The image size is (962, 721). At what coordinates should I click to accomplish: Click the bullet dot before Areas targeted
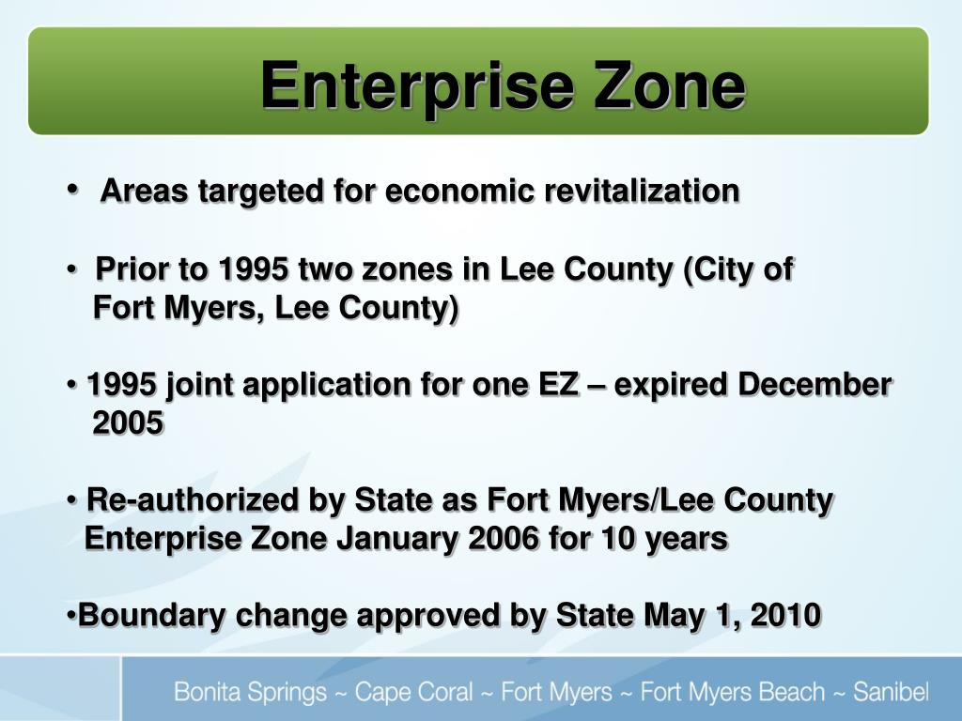coord(73,189)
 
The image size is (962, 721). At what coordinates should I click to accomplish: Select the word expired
coord(672,385)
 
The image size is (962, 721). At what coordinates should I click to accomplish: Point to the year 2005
coord(129,423)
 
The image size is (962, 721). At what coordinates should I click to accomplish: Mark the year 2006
coord(503,539)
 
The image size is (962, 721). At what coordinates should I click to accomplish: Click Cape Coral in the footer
coord(413,694)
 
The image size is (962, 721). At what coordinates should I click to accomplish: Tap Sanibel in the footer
coord(891,694)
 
